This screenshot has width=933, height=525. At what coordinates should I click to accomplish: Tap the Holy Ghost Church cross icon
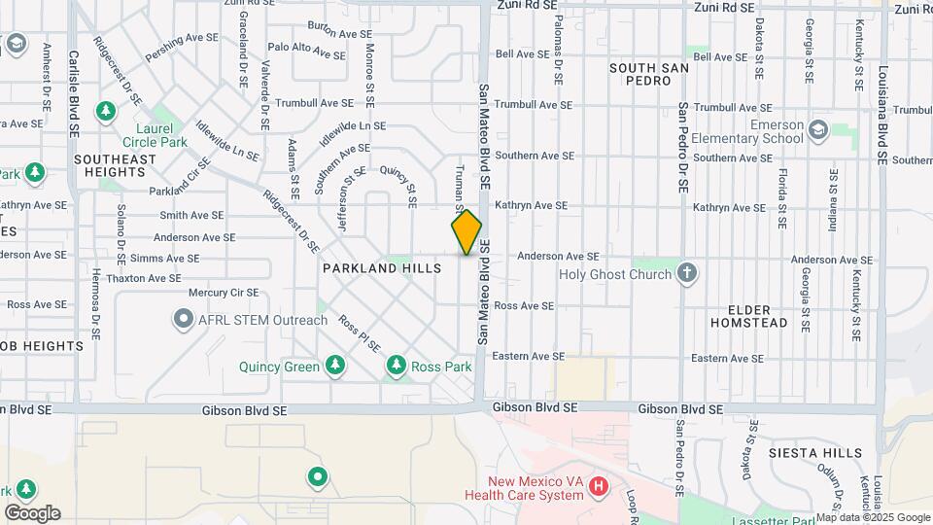tap(687, 273)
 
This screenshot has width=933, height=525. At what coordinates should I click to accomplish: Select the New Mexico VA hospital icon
tap(599, 485)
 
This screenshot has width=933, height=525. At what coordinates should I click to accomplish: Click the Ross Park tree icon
tap(396, 366)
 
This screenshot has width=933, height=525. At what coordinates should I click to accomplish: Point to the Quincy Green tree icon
tap(335, 366)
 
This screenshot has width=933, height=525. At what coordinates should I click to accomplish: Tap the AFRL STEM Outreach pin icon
tap(183, 319)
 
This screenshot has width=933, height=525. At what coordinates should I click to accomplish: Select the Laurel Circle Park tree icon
tap(105, 112)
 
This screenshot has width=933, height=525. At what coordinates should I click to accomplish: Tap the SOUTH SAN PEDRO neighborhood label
tap(649, 74)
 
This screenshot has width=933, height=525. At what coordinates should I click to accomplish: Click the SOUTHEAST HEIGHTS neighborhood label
tap(114, 165)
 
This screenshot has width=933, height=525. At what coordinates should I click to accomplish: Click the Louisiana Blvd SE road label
tap(882, 101)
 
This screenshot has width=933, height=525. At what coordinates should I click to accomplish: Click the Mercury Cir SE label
tap(224, 292)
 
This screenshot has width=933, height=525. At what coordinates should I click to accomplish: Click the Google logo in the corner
tap(32, 512)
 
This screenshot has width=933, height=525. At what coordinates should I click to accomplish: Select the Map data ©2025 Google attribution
tap(874, 517)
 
